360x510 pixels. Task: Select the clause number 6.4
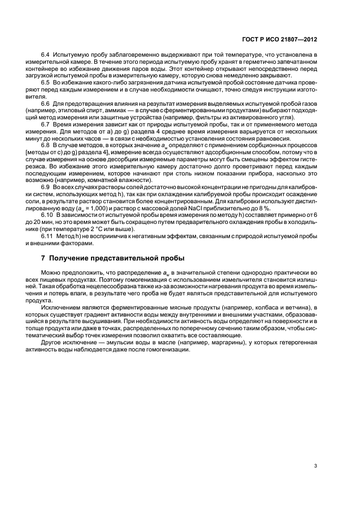click(x=47, y=56)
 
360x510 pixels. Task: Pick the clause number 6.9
click(x=47, y=187)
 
